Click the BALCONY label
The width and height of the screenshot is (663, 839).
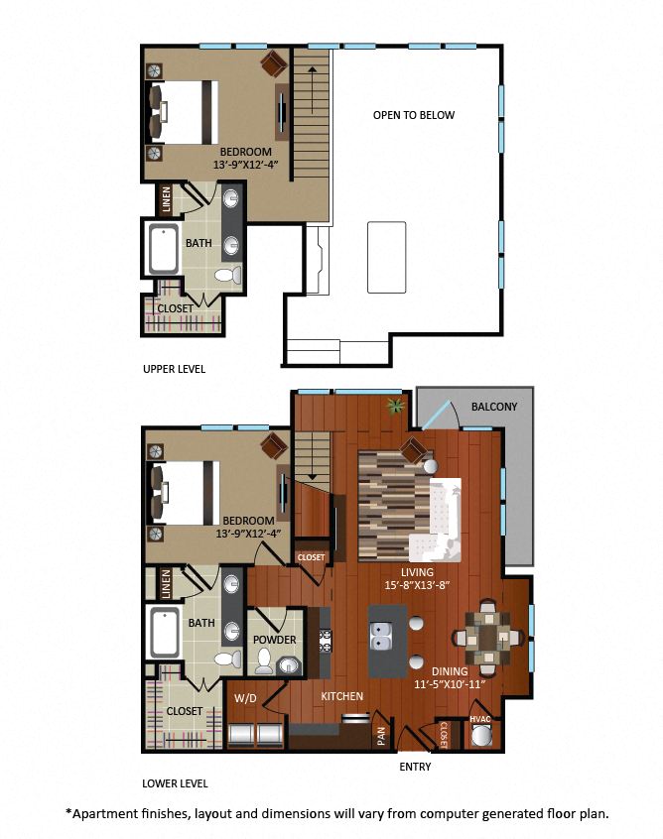(x=493, y=407)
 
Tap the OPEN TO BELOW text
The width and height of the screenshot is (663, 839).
(x=414, y=115)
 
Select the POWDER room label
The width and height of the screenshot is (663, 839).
(x=274, y=640)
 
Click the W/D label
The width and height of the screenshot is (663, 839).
(x=246, y=698)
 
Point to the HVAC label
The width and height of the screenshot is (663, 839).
(x=479, y=719)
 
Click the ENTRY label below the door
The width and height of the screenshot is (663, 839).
(x=415, y=767)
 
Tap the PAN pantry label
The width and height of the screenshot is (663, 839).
(x=381, y=736)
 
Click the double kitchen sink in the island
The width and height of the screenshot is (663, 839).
(x=380, y=636)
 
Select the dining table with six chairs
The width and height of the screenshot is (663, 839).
(x=488, y=638)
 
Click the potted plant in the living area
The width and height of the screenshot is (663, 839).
(x=395, y=407)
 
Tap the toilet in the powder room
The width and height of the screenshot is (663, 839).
(x=263, y=661)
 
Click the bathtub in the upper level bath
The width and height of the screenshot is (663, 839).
(x=164, y=249)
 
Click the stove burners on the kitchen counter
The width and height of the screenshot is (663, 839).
(x=326, y=641)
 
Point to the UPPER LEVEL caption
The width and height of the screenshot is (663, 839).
(x=174, y=369)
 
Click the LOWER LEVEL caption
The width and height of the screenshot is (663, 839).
(x=175, y=783)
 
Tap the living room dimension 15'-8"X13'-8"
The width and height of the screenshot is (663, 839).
(x=417, y=585)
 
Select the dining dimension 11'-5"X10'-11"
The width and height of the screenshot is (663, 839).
(x=450, y=684)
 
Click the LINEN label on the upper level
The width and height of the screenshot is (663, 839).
(x=166, y=199)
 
